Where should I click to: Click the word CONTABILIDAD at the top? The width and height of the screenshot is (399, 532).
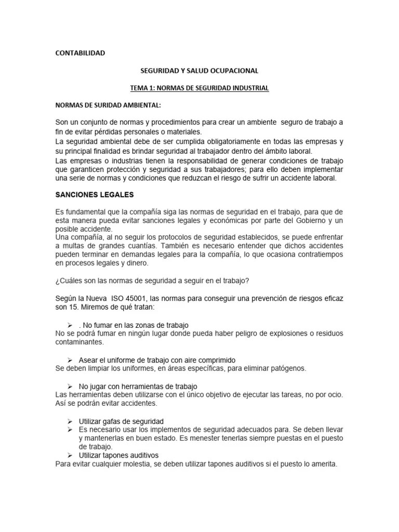[80, 53]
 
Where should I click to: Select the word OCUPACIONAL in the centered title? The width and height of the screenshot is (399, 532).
[233, 70]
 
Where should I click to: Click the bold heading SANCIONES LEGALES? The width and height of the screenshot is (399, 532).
[95, 194]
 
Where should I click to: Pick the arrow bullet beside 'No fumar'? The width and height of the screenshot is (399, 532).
[70, 325]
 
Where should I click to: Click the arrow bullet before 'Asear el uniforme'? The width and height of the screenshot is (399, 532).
[70, 360]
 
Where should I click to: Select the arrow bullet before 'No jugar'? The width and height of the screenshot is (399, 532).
[70, 387]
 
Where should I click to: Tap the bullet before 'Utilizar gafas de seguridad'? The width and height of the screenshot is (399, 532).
[70, 421]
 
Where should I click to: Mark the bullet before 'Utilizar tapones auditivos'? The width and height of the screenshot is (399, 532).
[70, 456]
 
